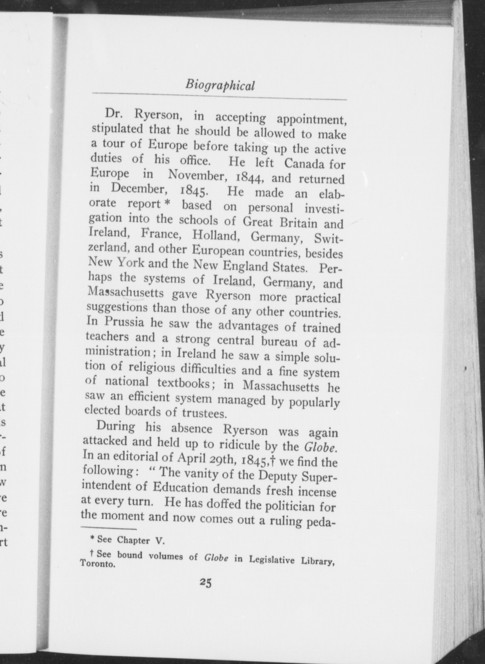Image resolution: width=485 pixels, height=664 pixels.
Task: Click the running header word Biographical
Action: pyautogui.click(x=220, y=85)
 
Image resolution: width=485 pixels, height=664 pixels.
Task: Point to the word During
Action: pyautogui.click(x=116, y=427)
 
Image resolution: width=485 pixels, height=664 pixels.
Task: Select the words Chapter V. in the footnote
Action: pyautogui.click(x=139, y=540)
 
